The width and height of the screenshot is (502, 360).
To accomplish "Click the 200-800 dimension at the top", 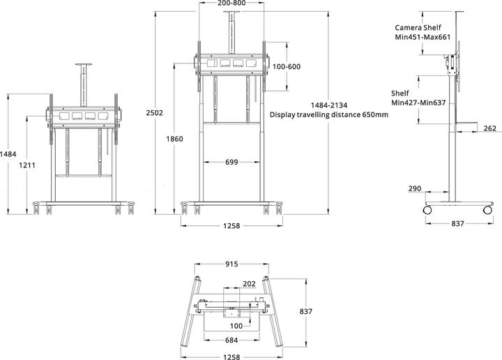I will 231,3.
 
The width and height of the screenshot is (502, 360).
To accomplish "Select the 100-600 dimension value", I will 287,67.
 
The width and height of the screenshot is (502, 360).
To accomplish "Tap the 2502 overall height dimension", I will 155,112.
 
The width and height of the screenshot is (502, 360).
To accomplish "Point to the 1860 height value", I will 174,139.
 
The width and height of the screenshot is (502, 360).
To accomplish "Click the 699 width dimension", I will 232,162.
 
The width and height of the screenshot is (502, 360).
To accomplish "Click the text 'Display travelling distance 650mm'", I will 328,115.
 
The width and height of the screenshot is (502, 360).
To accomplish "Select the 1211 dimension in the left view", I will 27,165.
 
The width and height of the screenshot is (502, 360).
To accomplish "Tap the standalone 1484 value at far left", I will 8,153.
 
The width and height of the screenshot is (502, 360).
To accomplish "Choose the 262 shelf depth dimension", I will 489,128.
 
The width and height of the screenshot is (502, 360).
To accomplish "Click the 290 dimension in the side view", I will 414,189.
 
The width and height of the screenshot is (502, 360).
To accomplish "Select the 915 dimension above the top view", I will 231,264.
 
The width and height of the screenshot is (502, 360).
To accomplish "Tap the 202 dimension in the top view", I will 248,285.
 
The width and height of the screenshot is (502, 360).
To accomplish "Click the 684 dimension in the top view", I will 232,340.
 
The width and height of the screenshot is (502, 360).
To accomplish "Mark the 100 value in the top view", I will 236,326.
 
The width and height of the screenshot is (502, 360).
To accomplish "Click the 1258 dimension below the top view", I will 231,357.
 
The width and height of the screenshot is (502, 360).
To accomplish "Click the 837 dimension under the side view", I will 458,224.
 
